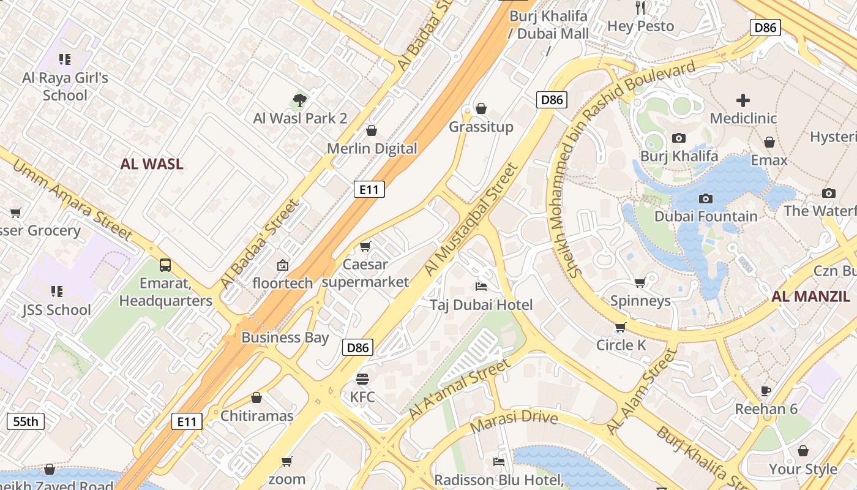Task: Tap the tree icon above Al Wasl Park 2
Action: (299, 100)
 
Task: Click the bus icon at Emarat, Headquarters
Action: (165, 265)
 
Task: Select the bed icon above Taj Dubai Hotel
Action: (481, 287)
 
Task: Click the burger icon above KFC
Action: (362, 379)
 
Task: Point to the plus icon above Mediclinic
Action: (743, 100)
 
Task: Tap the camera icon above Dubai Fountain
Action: (706, 198)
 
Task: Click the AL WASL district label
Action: (152, 164)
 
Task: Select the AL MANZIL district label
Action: (810, 297)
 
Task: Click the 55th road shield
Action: (26, 421)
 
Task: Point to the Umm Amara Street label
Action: (72, 200)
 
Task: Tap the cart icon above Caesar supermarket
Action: (365, 246)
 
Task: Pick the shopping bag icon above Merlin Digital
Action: (371, 130)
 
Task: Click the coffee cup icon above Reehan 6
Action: (766, 391)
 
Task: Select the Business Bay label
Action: (285, 337)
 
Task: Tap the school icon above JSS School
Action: (57, 291)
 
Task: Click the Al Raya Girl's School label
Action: (65, 86)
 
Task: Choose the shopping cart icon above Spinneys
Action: (640, 282)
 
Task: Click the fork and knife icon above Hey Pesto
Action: (640, 7)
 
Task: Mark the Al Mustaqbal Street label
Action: (471, 219)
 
